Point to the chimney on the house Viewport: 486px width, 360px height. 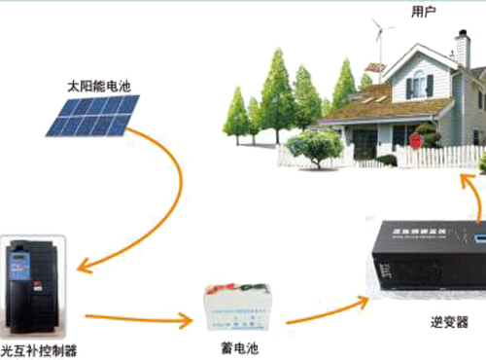[x=462, y=48]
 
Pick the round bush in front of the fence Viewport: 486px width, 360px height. [x=315, y=147]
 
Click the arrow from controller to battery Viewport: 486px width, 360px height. [x=136, y=318]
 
